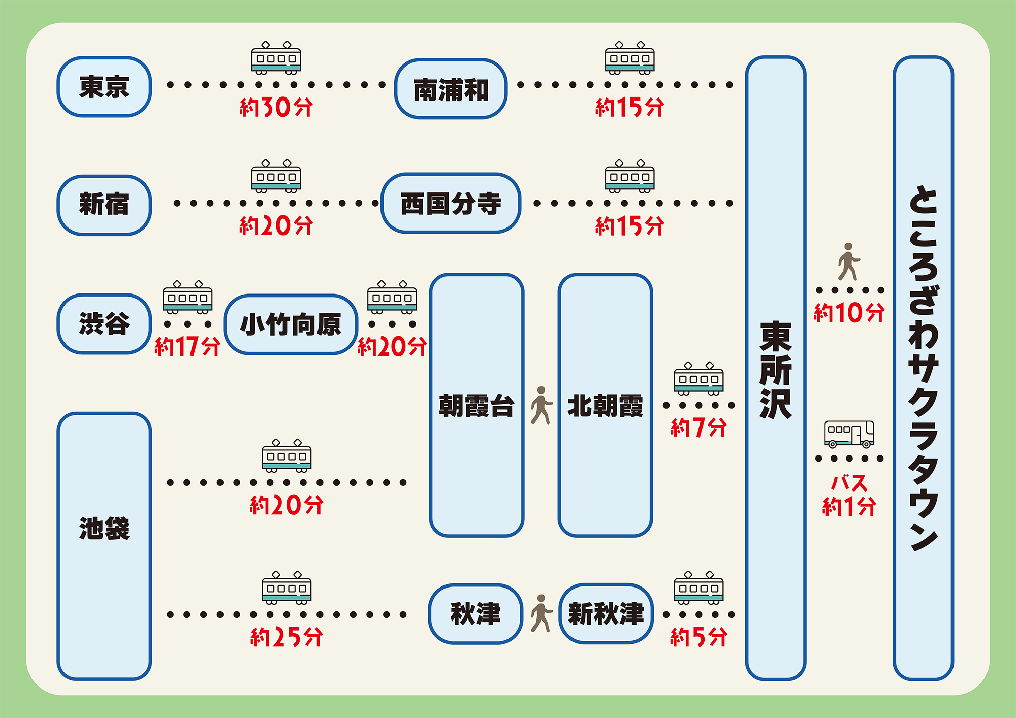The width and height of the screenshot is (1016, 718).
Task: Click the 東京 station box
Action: click(x=104, y=87)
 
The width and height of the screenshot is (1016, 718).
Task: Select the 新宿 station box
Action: click(x=104, y=205)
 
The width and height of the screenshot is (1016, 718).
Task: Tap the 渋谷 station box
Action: click(x=104, y=324)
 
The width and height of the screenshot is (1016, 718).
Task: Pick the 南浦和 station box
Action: click(x=451, y=89)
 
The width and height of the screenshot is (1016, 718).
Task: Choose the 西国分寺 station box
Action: click(x=451, y=204)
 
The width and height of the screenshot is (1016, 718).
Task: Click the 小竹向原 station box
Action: click(x=291, y=324)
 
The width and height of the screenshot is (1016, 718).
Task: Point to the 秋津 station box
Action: click(x=475, y=614)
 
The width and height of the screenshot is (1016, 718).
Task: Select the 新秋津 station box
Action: click(x=606, y=614)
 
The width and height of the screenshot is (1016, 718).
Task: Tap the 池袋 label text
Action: click(x=104, y=529)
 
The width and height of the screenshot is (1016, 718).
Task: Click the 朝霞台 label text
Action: click(x=477, y=406)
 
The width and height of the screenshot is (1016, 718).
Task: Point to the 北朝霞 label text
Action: click(x=605, y=406)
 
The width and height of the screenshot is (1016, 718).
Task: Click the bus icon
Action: click(x=849, y=434)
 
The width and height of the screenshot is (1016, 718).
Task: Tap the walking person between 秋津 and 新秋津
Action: click(x=542, y=613)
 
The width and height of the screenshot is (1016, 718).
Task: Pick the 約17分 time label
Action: click(x=187, y=347)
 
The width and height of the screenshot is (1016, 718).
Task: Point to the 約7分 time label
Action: click(x=698, y=428)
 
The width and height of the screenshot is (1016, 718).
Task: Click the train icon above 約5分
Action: click(x=698, y=588)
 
